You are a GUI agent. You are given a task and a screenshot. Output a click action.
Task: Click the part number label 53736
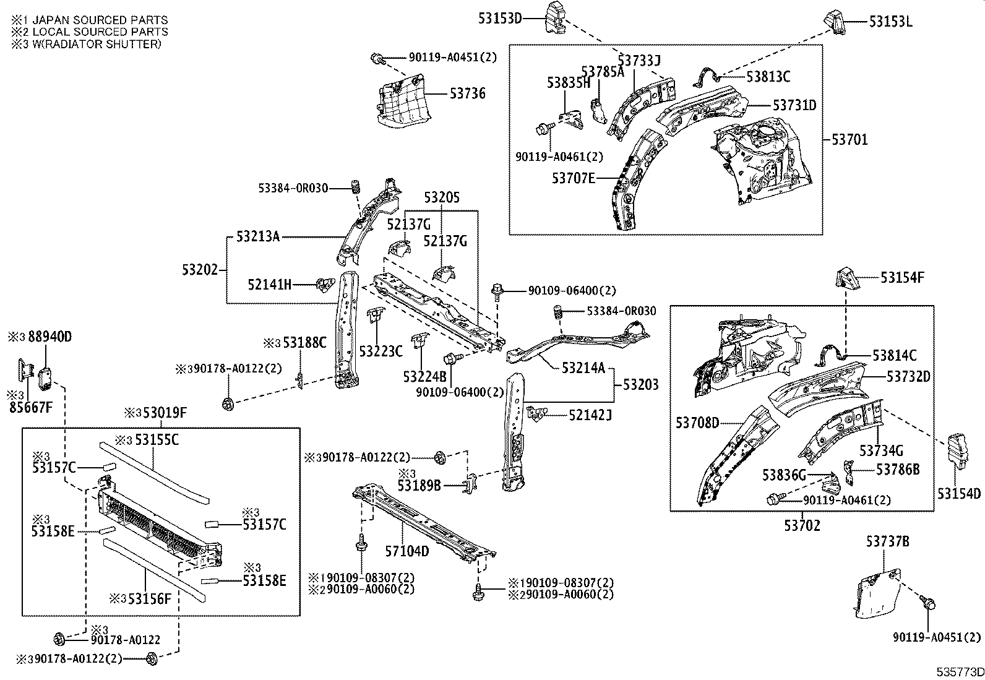(467, 93)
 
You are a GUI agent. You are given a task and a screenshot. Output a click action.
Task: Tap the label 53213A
(257, 236)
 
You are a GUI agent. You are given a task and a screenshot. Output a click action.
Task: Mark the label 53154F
(902, 278)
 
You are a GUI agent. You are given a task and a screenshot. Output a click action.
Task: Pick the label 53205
(442, 197)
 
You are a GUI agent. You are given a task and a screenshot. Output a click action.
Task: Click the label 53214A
(583, 368)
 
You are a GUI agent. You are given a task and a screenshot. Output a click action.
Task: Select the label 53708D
(697, 423)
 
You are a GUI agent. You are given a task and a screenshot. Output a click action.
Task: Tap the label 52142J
(590, 415)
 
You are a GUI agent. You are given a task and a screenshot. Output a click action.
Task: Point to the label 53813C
(768, 77)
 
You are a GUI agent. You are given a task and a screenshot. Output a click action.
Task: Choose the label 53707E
(573, 178)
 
